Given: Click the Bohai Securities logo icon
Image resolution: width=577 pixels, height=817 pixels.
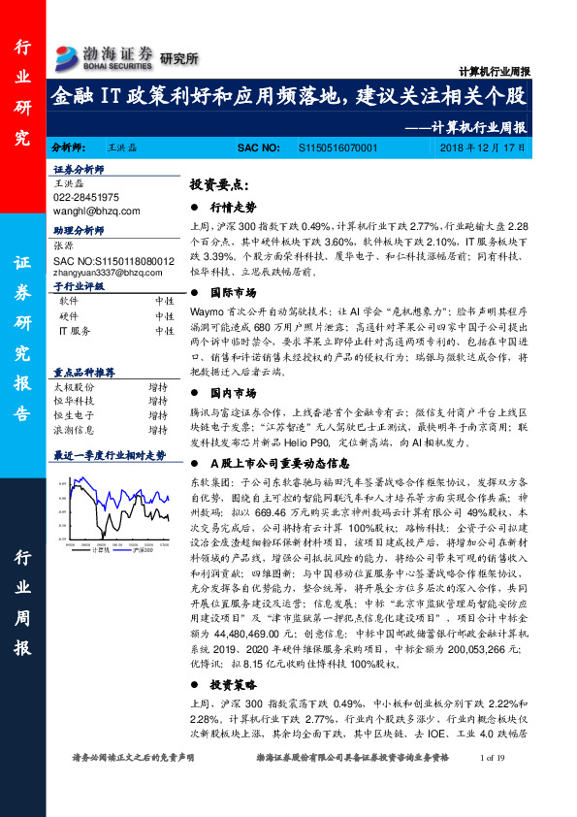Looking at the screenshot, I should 68,56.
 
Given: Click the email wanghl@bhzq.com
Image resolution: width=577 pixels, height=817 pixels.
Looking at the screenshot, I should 97,210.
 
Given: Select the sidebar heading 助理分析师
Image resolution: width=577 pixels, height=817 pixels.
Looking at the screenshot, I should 78,233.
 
